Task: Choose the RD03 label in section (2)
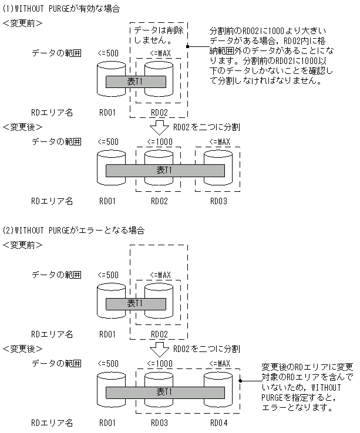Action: [x=159, y=422]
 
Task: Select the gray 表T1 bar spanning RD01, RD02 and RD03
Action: [x=164, y=171]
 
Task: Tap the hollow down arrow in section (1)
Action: [x=158, y=127]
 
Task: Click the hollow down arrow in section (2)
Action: [x=158, y=349]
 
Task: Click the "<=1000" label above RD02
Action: [x=159, y=142]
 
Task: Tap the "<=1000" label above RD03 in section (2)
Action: [x=159, y=364]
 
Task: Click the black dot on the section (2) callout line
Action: [x=241, y=380]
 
